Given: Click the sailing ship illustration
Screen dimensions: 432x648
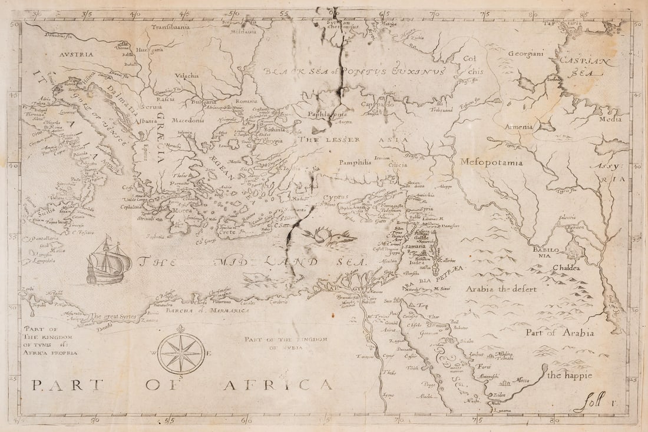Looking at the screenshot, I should point(109,261).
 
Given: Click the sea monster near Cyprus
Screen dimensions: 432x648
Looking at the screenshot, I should point(331,236).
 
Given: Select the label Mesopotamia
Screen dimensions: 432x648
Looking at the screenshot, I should point(491,162).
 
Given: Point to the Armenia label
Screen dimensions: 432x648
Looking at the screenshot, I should point(518,127).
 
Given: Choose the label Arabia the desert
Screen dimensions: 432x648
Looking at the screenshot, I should point(498,288).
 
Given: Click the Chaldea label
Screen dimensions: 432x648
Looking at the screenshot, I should point(566,268).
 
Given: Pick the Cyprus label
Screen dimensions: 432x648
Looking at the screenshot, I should point(336,197).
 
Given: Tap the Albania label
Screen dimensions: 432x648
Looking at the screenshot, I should point(146,121).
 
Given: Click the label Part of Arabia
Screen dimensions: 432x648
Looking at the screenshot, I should point(559,333).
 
